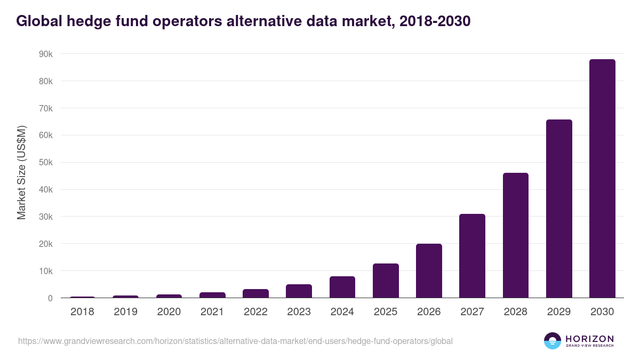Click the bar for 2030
pyautogui.click(x=602, y=179)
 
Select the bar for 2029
pyautogui.click(x=559, y=209)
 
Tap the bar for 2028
pyautogui.click(x=515, y=235)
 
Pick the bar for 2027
pyautogui.click(x=472, y=256)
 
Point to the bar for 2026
pyautogui.click(x=429, y=271)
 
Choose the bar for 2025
pyautogui.click(x=386, y=281)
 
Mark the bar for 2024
pyautogui.click(x=342, y=287)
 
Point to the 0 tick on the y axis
pyautogui.click(x=50, y=298)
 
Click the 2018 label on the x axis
pyautogui.click(x=82, y=312)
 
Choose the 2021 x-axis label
pyautogui.click(x=212, y=312)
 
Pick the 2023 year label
pyautogui.click(x=299, y=312)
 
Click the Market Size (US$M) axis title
pyautogui.click(x=21, y=172)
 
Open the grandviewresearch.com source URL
pyautogui.click(x=235, y=341)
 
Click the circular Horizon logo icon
pyautogui.click(x=553, y=341)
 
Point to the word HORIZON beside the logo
pyautogui.click(x=589, y=339)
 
